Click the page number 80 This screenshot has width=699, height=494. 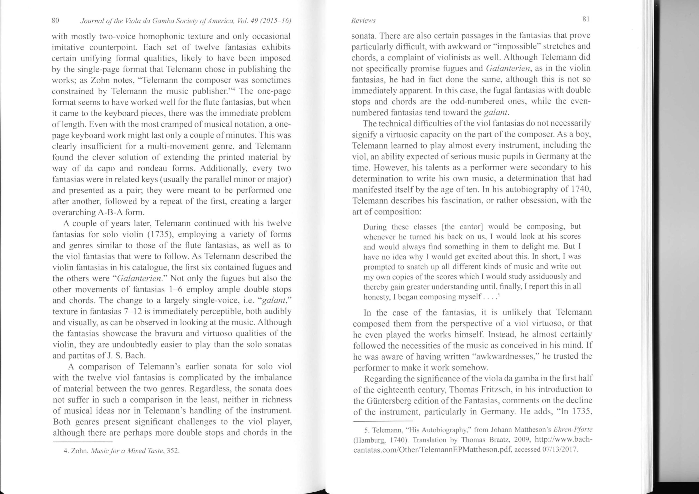pyautogui.click(x=55, y=20)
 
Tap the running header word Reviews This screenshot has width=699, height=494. pyautogui.click(x=363, y=20)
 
